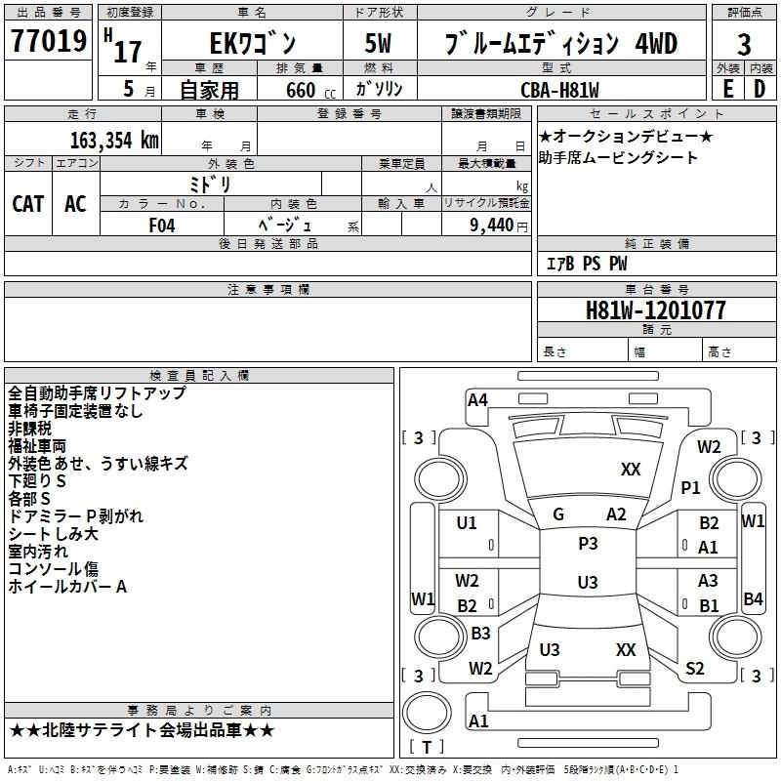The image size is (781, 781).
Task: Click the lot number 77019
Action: click(x=49, y=41)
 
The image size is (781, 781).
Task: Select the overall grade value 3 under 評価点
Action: click(x=744, y=45)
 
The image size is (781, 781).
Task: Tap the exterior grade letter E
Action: click(x=727, y=89)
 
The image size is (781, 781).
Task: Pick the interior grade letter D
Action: click(x=760, y=89)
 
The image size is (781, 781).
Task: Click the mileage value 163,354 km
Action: click(x=114, y=141)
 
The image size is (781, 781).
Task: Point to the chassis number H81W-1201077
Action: click(x=655, y=310)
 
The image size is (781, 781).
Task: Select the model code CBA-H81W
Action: click(x=559, y=90)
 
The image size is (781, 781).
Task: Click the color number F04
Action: click(x=162, y=226)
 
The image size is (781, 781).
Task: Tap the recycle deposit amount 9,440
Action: click(x=492, y=226)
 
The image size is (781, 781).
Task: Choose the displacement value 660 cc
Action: click(x=310, y=90)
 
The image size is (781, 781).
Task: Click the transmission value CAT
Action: click(x=28, y=204)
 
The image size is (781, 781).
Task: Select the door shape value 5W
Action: click(x=378, y=43)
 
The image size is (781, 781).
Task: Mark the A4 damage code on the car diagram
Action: click(x=477, y=400)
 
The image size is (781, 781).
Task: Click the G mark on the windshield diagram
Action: click(x=558, y=514)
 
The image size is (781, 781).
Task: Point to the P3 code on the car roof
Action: click(x=588, y=544)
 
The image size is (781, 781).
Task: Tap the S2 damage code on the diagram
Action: click(x=694, y=668)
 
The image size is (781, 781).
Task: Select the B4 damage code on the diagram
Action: click(x=753, y=598)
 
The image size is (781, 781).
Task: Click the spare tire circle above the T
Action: click(x=427, y=712)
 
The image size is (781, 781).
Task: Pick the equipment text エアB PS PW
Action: click(x=587, y=264)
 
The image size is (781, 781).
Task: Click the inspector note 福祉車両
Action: click(x=37, y=446)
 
